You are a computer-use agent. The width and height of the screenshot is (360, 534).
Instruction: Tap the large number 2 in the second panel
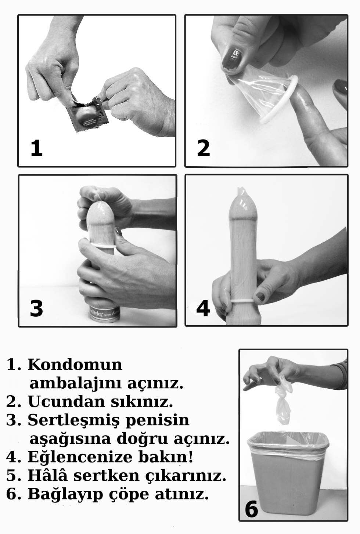203,148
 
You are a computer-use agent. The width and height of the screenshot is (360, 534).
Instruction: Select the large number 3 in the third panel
36,308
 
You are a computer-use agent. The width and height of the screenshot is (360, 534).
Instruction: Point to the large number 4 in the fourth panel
203,308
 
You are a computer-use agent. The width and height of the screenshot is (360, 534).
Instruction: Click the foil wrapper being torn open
88,114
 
